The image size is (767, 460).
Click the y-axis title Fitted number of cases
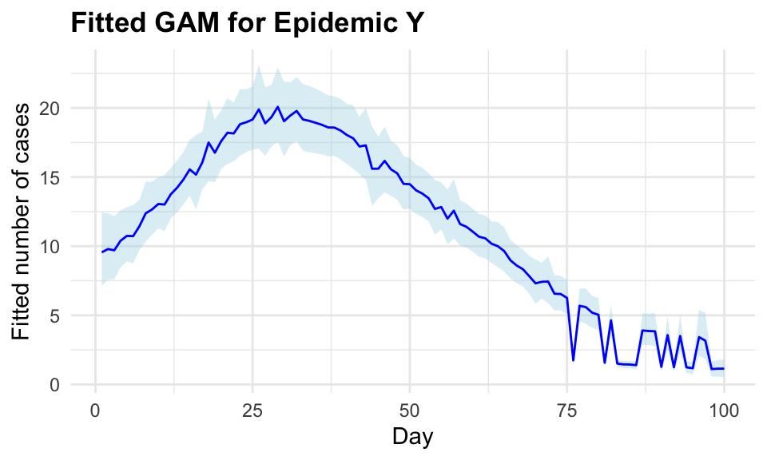24,220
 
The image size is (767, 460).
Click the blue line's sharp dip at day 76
573,360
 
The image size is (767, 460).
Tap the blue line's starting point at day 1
102,252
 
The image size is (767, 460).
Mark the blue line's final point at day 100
723,369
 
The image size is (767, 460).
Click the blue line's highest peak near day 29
277,107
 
